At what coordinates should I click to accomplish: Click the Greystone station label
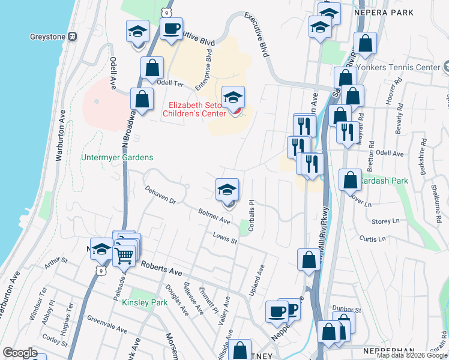coord(47,36)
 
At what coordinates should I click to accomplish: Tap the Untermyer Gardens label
coord(117,158)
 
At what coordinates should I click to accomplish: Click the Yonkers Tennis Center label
coord(406,67)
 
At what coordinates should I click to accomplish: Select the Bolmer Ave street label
coord(215,216)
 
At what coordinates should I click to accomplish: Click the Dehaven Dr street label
coord(160,194)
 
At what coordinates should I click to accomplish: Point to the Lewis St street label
coord(225,238)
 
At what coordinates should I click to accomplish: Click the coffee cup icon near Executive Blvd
coord(171,28)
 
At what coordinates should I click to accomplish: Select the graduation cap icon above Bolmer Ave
coord(227,190)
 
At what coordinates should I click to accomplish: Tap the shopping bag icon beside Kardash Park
coord(350,179)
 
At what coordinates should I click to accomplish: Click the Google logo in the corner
coord(20,353)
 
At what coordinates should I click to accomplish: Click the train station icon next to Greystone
coord(73,36)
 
